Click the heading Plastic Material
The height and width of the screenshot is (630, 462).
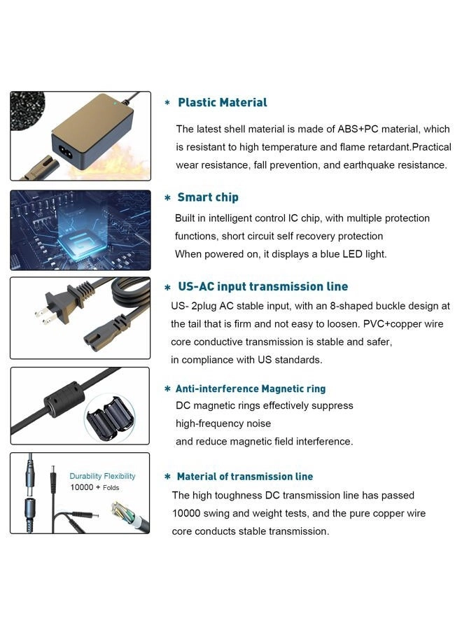coord(222,103)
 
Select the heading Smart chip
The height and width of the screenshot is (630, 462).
coord(207,197)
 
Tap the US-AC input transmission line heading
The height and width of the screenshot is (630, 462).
coord(262,286)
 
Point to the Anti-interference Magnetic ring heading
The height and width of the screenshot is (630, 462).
coord(250,388)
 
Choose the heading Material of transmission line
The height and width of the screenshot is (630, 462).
coord(244,477)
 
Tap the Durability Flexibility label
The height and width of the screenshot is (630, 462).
coord(102,476)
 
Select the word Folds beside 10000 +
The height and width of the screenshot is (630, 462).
coord(111,487)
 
